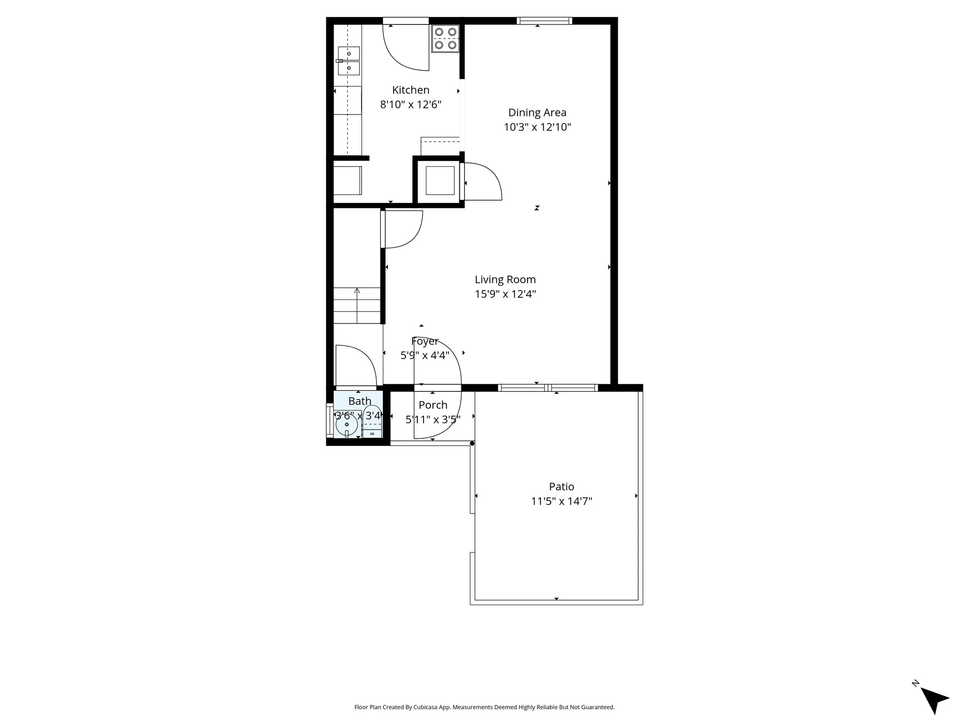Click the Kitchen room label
coord(411,90)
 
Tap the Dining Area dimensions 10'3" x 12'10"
coord(537,127)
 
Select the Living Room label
coord(505,279)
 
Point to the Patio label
coord(561,487)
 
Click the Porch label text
coord(432,405)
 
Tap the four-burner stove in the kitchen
coord(445,38)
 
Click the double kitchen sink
coord(349,61)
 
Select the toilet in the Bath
coord(372,421)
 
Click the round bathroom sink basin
coord(346,425)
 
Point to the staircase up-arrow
coord(357,291)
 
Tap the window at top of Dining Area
coord(544,21)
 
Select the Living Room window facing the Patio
coord(548,388)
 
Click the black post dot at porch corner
coord(472,443)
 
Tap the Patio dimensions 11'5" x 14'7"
coord(561,501)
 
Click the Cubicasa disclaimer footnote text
coord(484,707)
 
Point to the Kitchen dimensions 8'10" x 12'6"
coord(411,105)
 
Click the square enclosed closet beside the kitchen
coord(440,180)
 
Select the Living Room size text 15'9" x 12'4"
coord(505,294)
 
